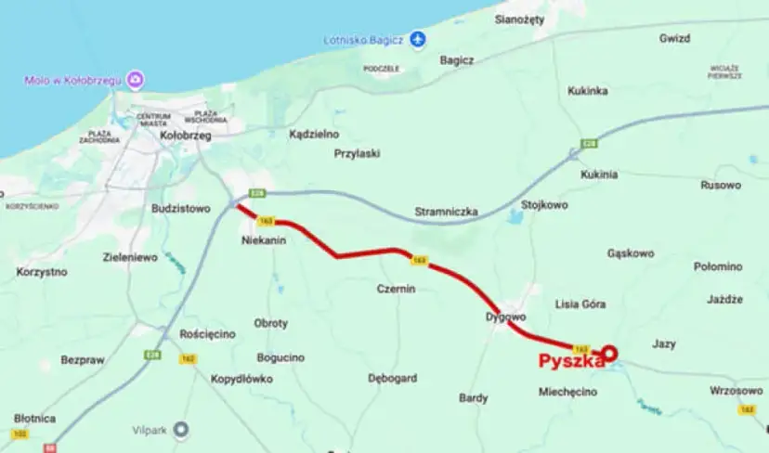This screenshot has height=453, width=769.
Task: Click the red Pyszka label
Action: tap(571, 362)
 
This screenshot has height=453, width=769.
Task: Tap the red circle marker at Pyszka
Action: tap(610, 353)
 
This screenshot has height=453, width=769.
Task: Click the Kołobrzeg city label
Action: tap(186, 135)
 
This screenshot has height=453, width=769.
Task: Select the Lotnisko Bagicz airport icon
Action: tap(418, 39)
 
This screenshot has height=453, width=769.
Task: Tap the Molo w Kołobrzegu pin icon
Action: tap(137, 81)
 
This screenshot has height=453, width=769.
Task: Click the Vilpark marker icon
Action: tap(181, 428)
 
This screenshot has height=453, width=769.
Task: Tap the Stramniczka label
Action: tap(446, 213)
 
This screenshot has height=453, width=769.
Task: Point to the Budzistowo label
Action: tap(181, 209)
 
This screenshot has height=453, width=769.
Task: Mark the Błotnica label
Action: tap(34, 418)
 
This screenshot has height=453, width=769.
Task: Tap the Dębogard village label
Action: tap(392, 378)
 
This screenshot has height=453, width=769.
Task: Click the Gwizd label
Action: tap(675, 39)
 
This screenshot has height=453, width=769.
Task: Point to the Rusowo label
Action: tap(722, 185)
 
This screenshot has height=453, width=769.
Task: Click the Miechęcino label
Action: tap(567, 392)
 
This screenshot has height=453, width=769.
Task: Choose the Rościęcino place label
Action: tap(208, 334)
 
